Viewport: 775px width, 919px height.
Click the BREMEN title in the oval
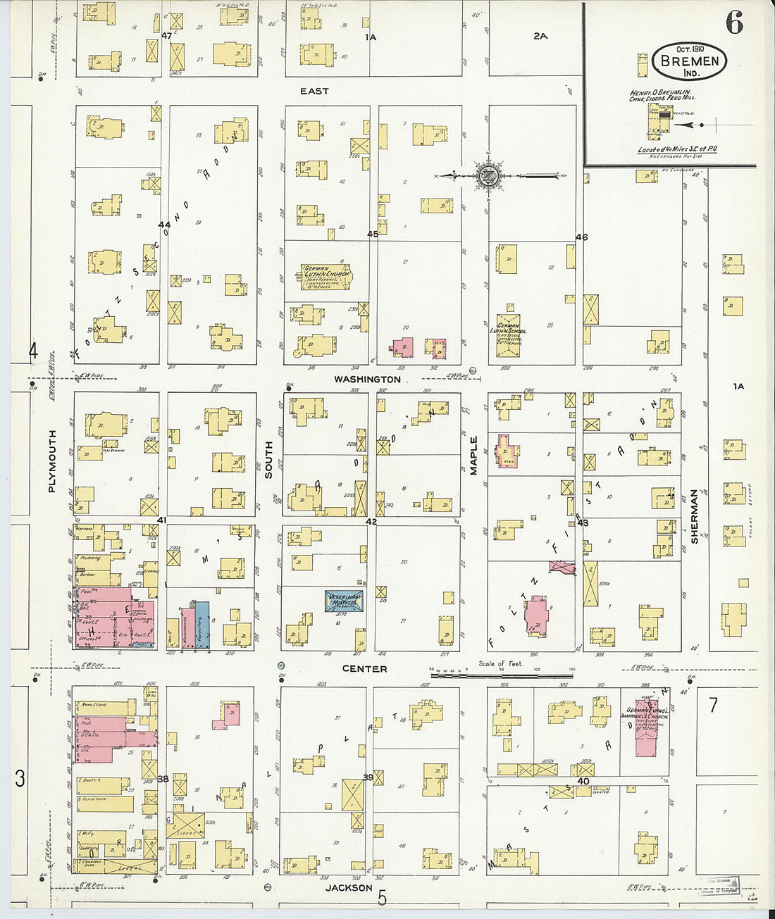pos(690,61)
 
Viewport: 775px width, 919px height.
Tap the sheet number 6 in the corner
pos(734,23)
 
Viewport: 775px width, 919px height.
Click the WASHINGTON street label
pos(367,380)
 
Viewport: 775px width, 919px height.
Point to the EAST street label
pos(314,92)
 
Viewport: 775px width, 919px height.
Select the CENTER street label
pos(364,669)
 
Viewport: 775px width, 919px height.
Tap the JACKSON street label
pos(349,888)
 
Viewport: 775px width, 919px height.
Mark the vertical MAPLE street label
pos(473,456)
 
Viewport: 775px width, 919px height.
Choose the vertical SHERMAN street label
pos(694,516)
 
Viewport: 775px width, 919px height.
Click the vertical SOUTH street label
pos(268,460)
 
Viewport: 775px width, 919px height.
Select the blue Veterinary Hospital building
pos(344,601)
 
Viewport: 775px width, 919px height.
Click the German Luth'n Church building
pos(325,277)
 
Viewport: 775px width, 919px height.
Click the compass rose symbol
pos(487,175)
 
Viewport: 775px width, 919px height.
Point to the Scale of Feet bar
pos(502,675)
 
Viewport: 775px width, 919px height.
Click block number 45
pos(373,234)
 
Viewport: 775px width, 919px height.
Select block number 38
pos(163,779)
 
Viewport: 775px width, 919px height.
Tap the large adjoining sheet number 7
pos(713,704)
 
